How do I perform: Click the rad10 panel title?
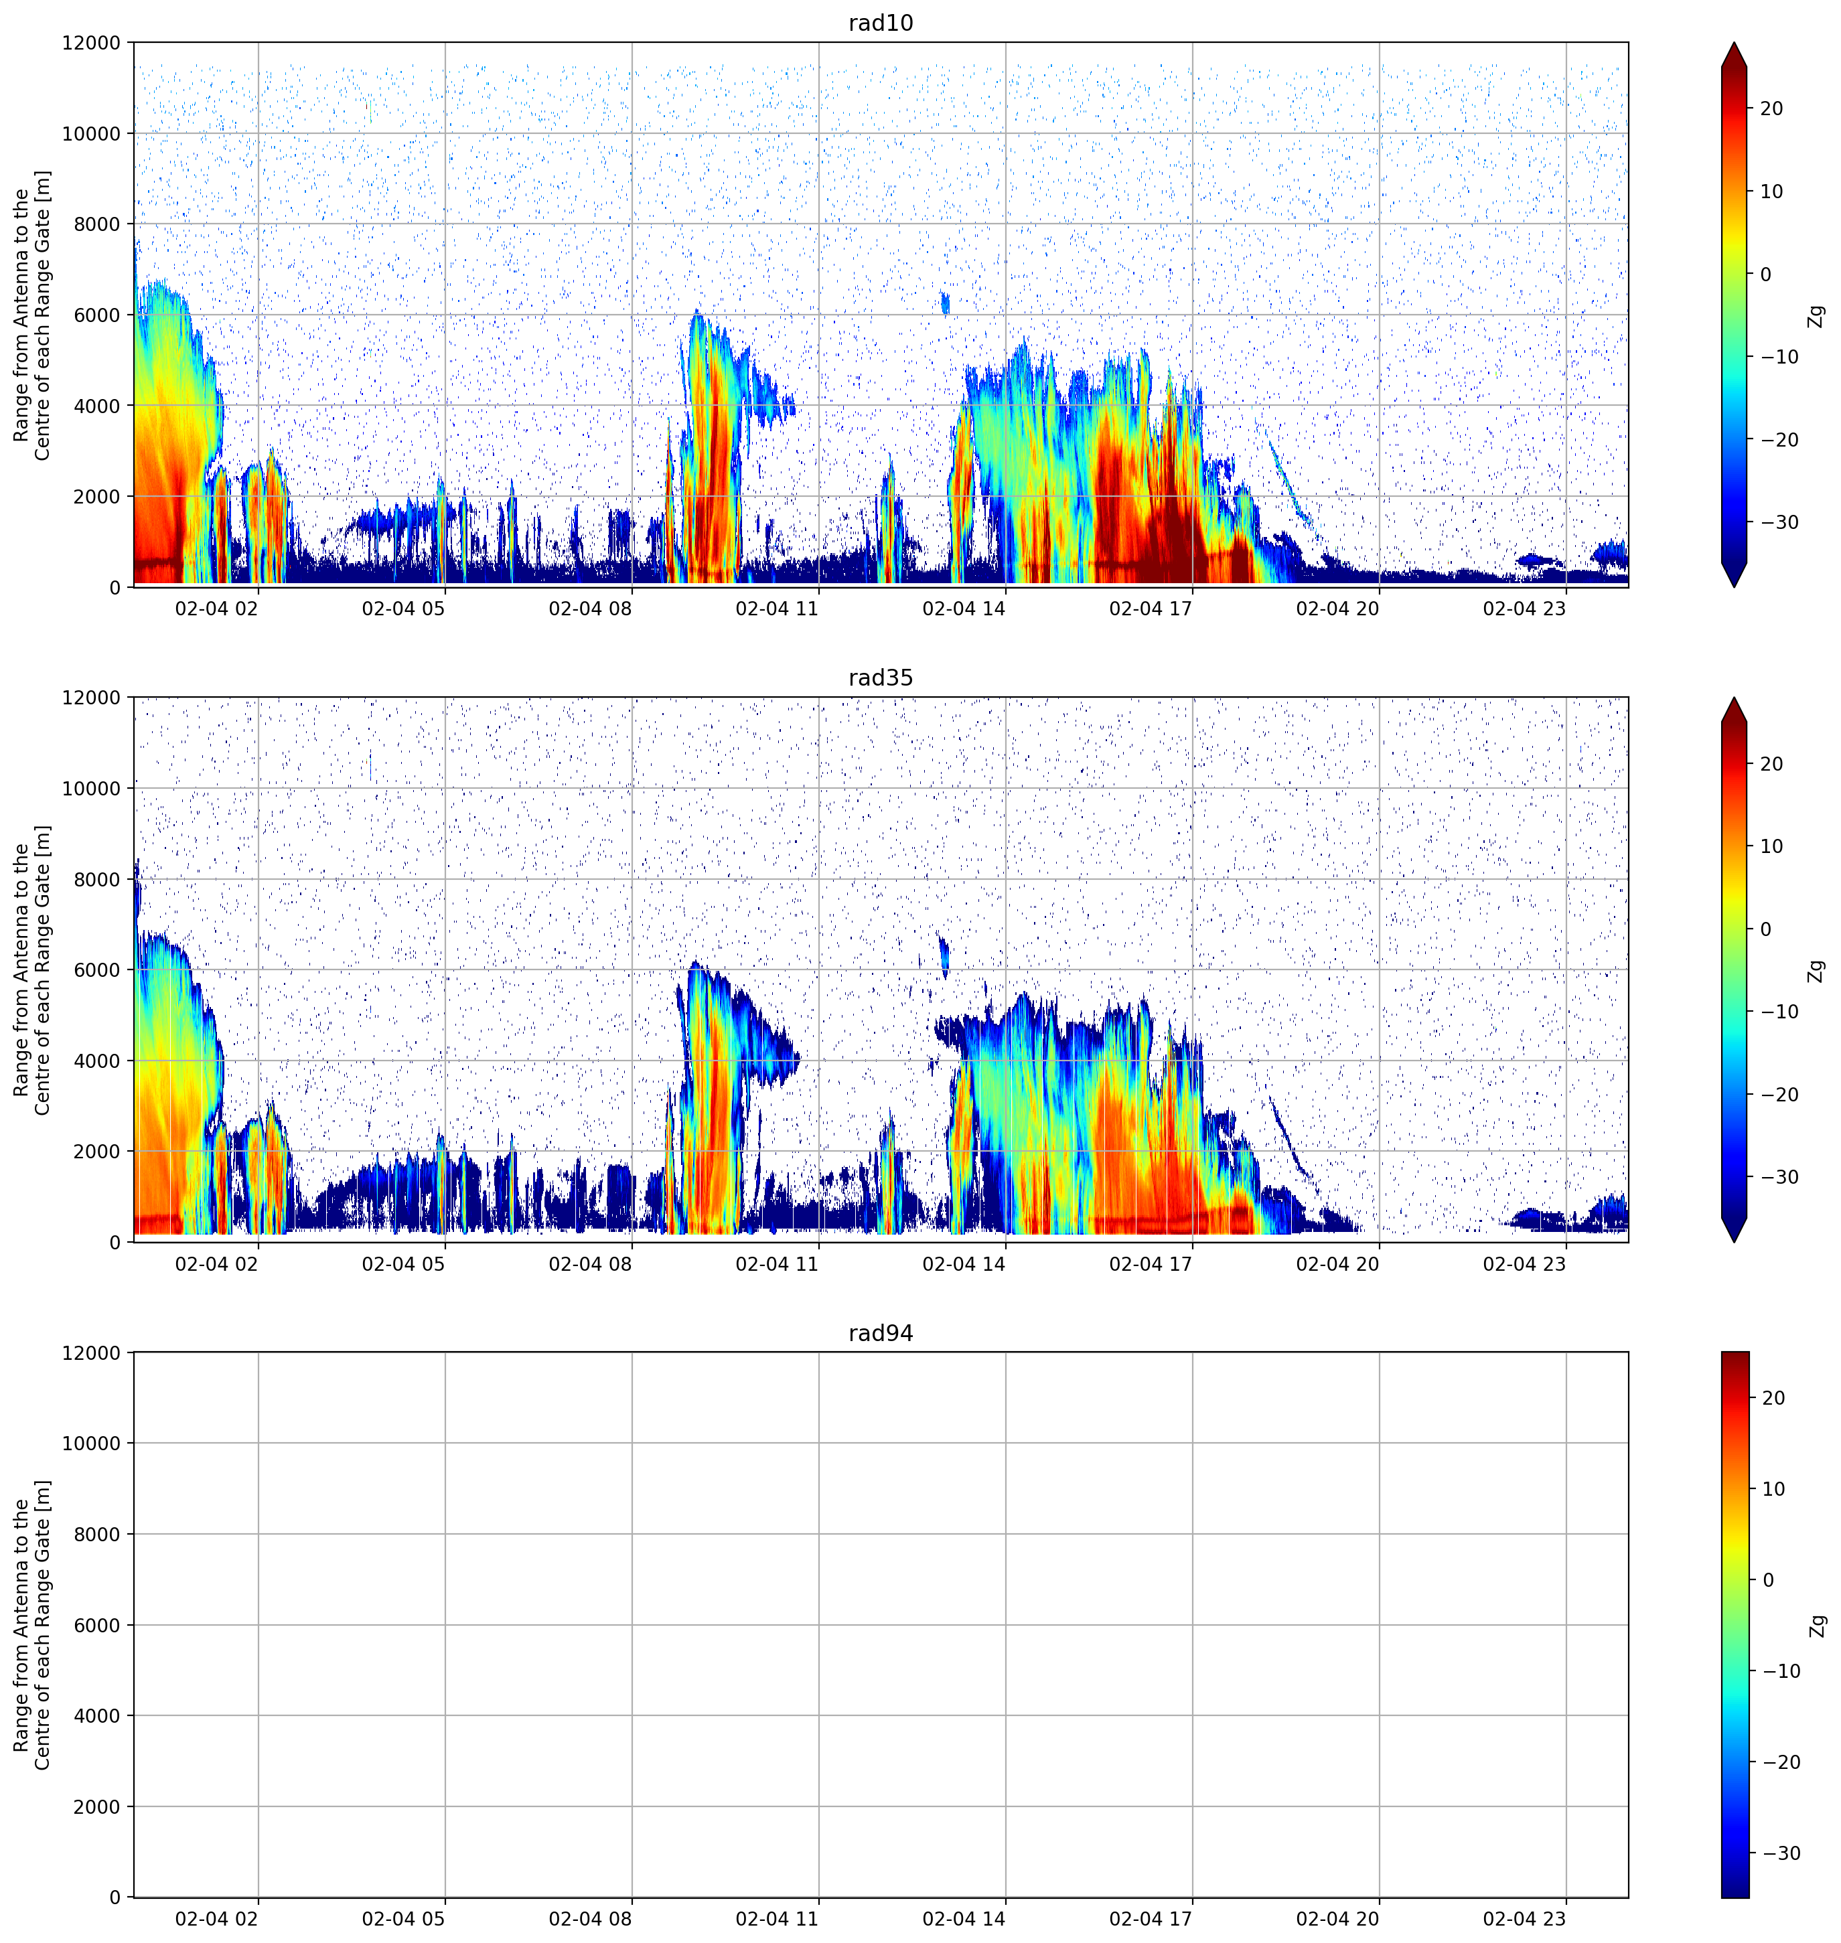(x=880, y=23)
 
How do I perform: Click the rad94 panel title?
(x=880, y=1332)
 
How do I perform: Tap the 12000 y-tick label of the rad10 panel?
(x=90, y=43)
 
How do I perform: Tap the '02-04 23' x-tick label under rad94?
(x=1524, y=1918)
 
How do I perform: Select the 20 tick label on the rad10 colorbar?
(x=1771, y=109)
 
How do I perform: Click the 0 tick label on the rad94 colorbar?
(x=1769, y=1580)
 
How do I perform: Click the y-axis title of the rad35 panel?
(x=32, y=969)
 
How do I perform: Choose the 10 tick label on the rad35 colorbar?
(x=1771, y=846)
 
